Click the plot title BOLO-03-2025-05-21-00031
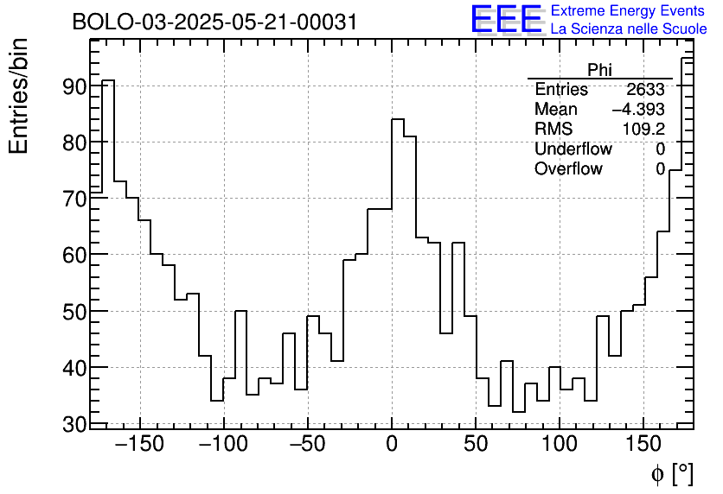[x=214, y=22]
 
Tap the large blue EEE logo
[x=506, y=20]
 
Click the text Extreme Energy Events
[x=629, y=11]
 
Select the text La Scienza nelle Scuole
[x=629, y=29]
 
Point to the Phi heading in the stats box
[x=599, y=70]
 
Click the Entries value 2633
[x=645, y=90]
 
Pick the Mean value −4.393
[x=638, y=110]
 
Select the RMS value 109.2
[x=643, y=130]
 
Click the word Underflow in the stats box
[x=573, y=149]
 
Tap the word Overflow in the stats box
[x=568, y=169]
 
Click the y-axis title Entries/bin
[x=19, y=96]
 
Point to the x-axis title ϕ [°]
[x=671, y=473]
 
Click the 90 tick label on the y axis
[x=74, y=86]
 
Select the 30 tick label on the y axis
[x=74, y=424]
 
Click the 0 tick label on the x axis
[x=392, y=446]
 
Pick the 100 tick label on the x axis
[x=560, y=446]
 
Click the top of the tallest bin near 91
[x=108, y=80]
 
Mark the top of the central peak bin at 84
[x=398, y=119]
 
